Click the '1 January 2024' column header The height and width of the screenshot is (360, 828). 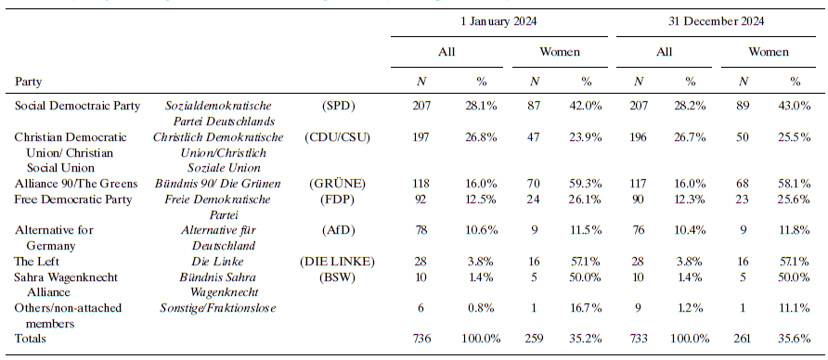(x=499, y=20)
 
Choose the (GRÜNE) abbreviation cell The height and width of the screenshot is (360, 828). (x=340, y=184)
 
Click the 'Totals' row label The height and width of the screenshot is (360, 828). (x=32, y=340)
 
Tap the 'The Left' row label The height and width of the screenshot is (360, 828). (x=36, y=262)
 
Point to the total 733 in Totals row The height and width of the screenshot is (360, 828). (x=635, y=340)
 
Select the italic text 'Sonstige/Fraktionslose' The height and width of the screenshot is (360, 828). (x=220, y=308)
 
